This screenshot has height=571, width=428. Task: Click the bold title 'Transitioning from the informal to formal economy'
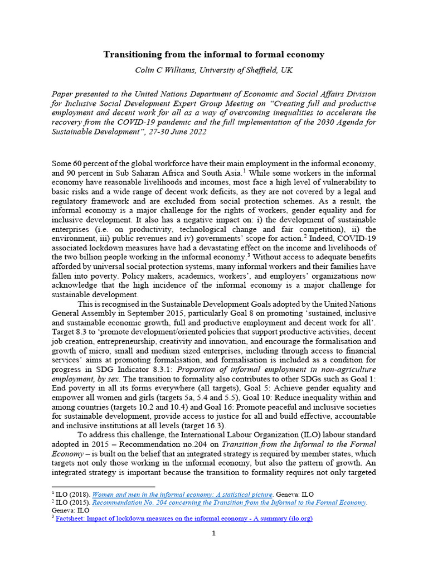pyautogui.click(x=213, y=55)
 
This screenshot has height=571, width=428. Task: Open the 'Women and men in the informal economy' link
pyautogui.click(x=182, y=494)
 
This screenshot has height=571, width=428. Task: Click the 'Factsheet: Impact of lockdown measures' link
pyautogui.click(x=184, y=518)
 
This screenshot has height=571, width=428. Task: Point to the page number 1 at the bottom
pyautogui.click(x=213, y=534)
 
